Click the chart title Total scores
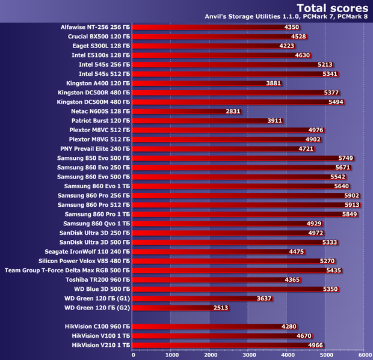[333, 8]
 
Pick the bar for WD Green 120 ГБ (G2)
[171, 308]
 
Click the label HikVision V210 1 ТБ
[100, 345]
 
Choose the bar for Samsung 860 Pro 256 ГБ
[241, 195]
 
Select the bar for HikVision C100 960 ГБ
[211, 326]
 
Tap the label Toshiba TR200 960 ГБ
[95, 279]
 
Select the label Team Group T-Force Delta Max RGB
[67, 270]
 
